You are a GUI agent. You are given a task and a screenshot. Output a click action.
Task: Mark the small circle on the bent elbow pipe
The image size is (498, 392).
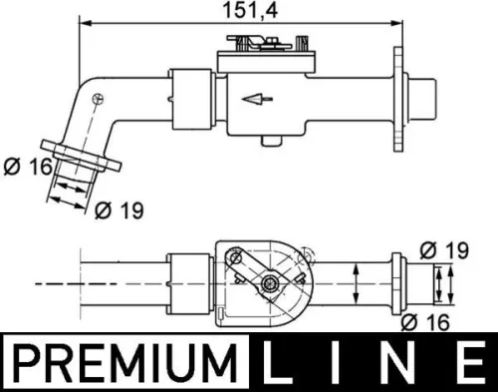point(97,98)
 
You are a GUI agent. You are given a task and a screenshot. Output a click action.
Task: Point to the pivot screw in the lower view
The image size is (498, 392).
point(269,286)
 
